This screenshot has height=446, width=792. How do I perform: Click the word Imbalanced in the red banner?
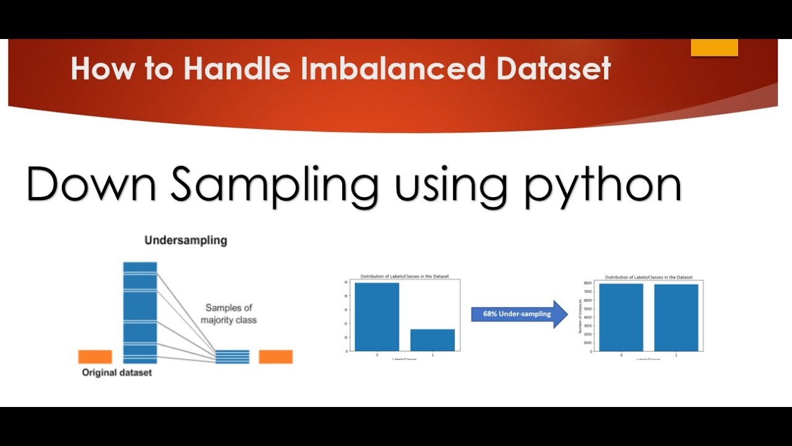[x=392, y=69]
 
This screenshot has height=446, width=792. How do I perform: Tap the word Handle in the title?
[x=236, y=69]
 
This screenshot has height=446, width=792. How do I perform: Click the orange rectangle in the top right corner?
[x=714, y=47]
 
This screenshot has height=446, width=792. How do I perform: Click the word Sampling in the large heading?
[x=275, y=186]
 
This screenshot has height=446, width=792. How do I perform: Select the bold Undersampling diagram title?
[x=186, y=240]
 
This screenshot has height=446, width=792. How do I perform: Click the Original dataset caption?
[x=117, y=373]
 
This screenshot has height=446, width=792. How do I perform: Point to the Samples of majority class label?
[x=229, y=314]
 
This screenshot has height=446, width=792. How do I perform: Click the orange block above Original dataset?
[x=95, y=357]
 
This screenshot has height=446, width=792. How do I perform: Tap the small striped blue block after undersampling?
[x=233, y=357]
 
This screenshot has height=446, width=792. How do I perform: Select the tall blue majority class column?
[x=140, y=312]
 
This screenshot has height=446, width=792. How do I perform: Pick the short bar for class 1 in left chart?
[x=433, y=339]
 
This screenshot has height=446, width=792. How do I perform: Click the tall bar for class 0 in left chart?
[x=377, y=317]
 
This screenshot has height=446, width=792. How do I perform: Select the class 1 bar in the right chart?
[x=676, y=317]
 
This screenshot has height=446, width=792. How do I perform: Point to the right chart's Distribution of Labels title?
[x=648, y=277]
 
